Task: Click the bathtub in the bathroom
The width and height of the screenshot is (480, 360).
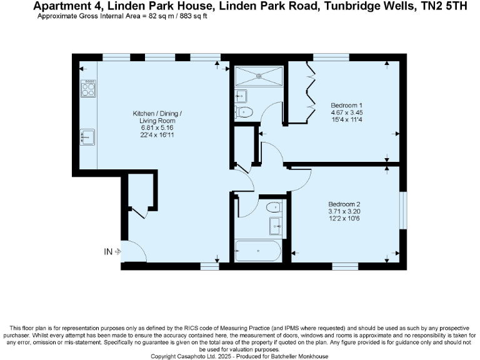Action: [x=258, y=252]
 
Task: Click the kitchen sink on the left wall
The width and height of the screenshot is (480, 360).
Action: [x=87, y=136]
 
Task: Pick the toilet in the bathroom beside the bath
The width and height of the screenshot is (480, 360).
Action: [x=274, y=207]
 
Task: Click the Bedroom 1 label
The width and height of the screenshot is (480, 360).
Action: [x=347, y=105]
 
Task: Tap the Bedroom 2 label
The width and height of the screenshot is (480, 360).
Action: [x=344, y=204]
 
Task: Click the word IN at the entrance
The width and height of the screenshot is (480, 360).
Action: [x=107, y=252]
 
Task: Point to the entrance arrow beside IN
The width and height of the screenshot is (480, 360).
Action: [x=118, y=252]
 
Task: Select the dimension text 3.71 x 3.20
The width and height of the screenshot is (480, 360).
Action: [x=344, y=211]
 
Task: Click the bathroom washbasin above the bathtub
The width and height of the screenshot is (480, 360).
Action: [x=276, y=225]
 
